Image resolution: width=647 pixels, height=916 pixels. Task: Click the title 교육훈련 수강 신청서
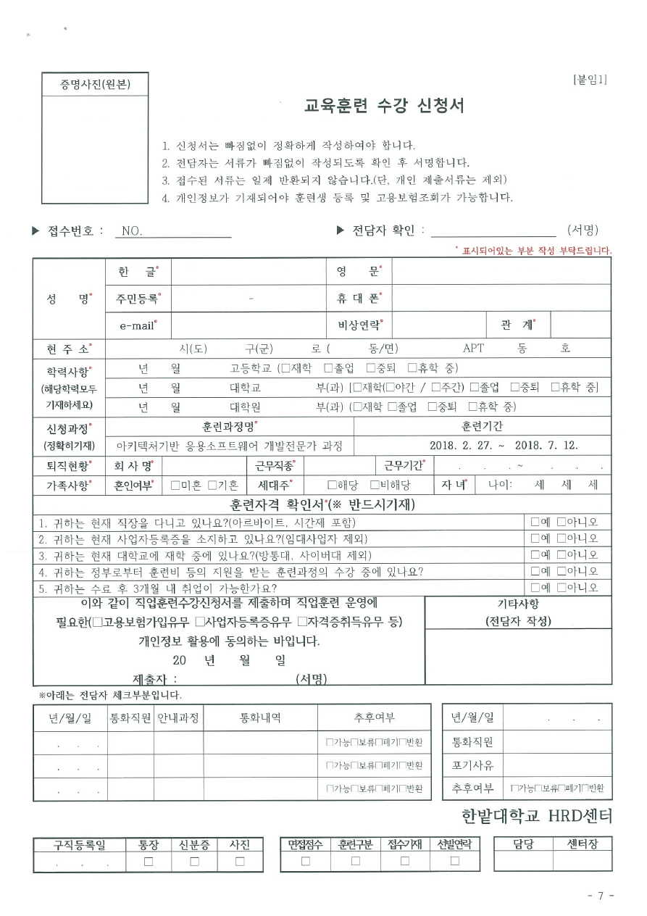pos(384,107)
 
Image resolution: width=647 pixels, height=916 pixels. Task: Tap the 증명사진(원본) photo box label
pos(95,86)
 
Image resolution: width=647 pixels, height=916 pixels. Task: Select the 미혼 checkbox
pos(175,486)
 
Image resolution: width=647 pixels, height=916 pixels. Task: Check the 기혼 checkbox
pos(212,486)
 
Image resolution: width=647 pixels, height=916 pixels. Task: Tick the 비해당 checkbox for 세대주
pos(375,486)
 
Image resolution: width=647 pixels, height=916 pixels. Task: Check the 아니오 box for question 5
pos(561,588)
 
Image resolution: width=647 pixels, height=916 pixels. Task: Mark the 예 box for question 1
pos(535,522)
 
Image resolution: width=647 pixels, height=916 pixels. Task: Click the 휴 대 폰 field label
pos(358,299)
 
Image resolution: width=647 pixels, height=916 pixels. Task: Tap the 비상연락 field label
pos(359,325)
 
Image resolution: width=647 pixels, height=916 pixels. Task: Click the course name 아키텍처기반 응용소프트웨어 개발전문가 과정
pos(230,446)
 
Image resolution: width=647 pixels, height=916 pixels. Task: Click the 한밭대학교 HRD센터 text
pos(536,817)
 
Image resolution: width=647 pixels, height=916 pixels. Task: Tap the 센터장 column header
pos(582,844)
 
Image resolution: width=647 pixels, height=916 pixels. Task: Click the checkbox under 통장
pos(149,862)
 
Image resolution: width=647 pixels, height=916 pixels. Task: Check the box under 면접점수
pos(305,862)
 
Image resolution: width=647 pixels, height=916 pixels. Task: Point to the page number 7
pos(601,896)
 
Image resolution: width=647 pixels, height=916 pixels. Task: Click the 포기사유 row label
pos(472,765)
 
